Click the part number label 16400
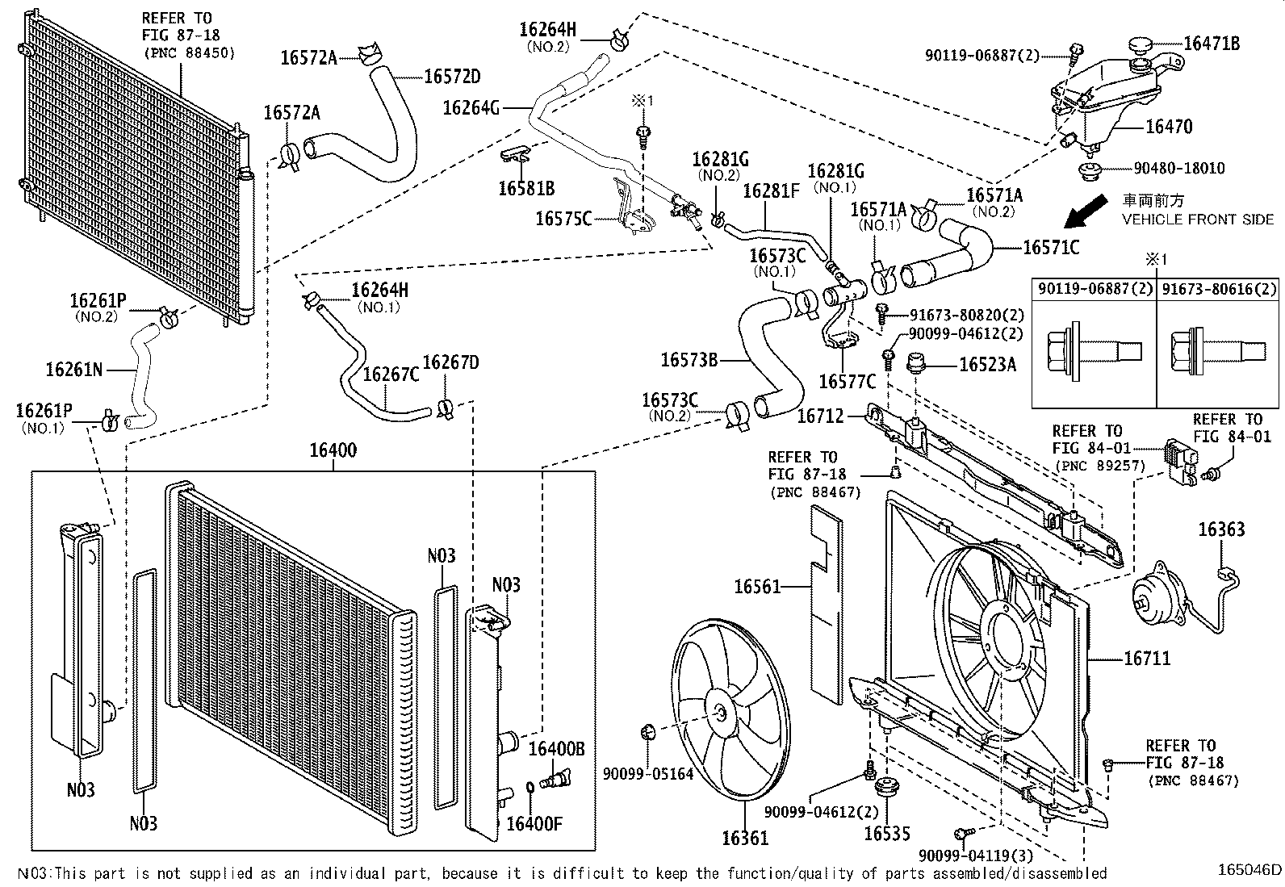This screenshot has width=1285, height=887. pos(333,450)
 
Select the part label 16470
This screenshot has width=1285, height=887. pos(1169,126)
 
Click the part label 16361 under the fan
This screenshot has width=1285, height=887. pos(745,839)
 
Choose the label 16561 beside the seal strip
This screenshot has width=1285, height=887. pos(757,587)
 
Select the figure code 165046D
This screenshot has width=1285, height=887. pos(1249,869)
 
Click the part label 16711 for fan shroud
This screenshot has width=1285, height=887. pos(1147,658)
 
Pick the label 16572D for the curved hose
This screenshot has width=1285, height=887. pos(452,77)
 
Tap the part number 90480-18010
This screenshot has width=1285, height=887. pos(1179,168)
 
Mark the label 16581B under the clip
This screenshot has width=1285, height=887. pos(526,188)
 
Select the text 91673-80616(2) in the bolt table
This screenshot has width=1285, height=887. pos(1219,289)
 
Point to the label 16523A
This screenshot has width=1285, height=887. pos(988,364)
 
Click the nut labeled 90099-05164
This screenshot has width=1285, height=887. pos(647,731)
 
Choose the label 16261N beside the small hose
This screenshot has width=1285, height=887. pos(74,370)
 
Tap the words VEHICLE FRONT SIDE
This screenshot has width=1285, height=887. pos(1198,220)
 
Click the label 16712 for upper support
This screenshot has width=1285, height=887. pos(820,416)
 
